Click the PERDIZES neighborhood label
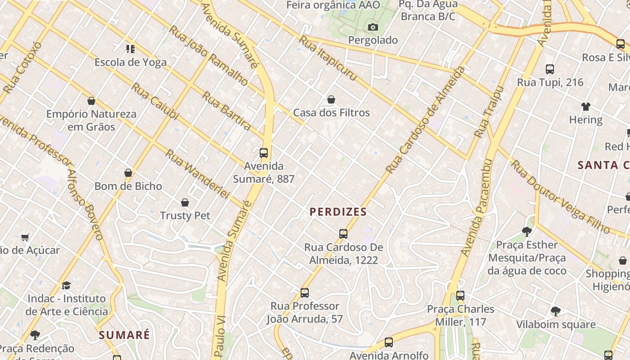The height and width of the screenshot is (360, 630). [338, 211]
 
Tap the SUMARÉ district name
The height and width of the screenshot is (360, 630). [124, 335]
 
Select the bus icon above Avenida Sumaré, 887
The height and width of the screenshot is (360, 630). [264, 153]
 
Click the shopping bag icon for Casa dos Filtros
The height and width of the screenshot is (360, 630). [331, 99]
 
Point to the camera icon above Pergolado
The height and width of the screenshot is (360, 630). [373, 27]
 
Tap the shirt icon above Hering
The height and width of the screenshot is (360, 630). [585, 107]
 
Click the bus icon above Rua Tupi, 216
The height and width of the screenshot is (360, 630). [549, 69]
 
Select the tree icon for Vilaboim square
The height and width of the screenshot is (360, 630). [555, 311]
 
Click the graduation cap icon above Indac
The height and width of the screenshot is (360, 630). [66, 285]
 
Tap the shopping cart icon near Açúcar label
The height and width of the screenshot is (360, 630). [25, 237]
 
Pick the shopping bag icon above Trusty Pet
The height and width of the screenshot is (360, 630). [184, 202]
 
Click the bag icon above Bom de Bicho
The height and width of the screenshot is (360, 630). [128, 173]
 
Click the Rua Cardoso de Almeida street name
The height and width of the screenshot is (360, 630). [425, 120]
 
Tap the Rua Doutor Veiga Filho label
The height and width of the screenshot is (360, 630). [560, 197]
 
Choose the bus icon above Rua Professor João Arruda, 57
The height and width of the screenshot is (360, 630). [305, 293]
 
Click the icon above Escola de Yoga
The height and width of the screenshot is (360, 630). [130, 49]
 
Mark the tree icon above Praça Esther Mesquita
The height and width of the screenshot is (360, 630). [526, 232]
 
